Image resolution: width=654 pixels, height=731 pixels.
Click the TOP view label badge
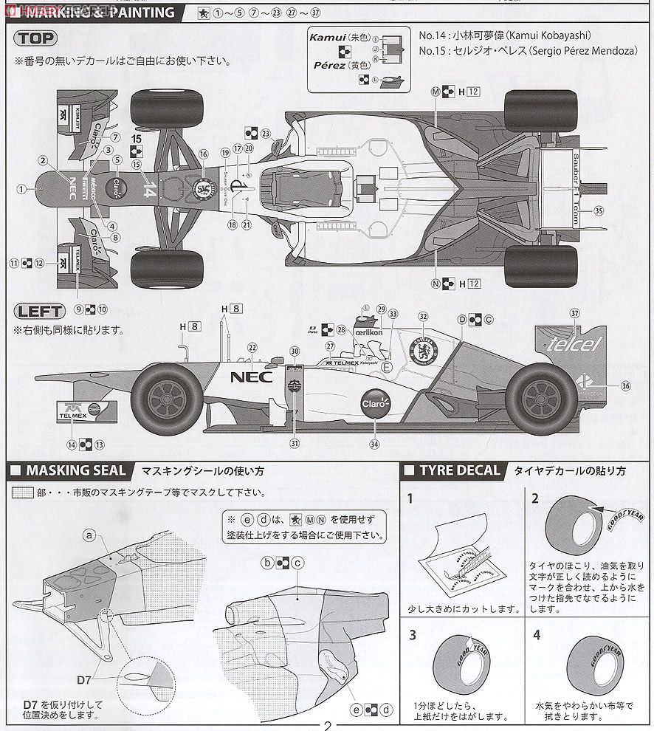click(x=35, y=38)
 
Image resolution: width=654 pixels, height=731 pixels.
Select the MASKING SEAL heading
click(x=71, y=470)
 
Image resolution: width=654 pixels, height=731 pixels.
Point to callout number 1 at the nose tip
click(x=21, y=189)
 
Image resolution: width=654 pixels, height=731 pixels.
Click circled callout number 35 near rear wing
click(x=598, y=210)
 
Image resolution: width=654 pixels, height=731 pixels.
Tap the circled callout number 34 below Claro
click(x=374, y=444)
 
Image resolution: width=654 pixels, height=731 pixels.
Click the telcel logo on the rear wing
click(x=575, y=343)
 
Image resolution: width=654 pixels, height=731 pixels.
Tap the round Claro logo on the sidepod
click(x=374, y=403)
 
